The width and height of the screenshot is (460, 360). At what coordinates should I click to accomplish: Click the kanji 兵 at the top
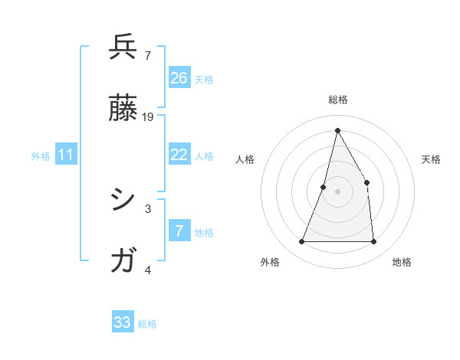(123, 47)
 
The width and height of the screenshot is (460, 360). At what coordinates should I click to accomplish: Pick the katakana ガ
(123, 260)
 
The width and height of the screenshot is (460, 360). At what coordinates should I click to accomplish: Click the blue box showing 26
(179, 77)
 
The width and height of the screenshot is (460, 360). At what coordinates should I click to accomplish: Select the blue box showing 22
(179, 155)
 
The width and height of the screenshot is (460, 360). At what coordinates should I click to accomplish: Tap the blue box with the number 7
(179, 231)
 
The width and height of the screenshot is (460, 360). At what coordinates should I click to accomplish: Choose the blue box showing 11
(66, 155)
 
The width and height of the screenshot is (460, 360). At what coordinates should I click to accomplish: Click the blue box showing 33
(123, 322)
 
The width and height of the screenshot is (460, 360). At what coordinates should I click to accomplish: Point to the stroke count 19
(148, 116)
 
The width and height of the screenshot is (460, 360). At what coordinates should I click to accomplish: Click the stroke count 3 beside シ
(148, 208)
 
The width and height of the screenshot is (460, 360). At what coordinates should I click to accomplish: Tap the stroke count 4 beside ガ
(148, 270)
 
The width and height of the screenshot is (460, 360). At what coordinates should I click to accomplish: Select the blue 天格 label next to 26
(204, 79)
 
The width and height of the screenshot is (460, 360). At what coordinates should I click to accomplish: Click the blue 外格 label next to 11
(41, 156)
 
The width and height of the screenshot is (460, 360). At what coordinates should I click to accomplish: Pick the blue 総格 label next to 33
(147, 324)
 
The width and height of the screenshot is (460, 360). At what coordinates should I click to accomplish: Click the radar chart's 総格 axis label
(337, 100)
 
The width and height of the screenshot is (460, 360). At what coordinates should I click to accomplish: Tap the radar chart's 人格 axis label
(245, 159)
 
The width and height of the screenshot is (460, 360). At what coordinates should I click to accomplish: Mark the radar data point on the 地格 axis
(373, 242)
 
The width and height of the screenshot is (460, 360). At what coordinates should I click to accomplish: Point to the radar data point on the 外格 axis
(301, 242)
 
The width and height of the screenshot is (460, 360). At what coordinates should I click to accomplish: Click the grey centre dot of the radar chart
(337, 191)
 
